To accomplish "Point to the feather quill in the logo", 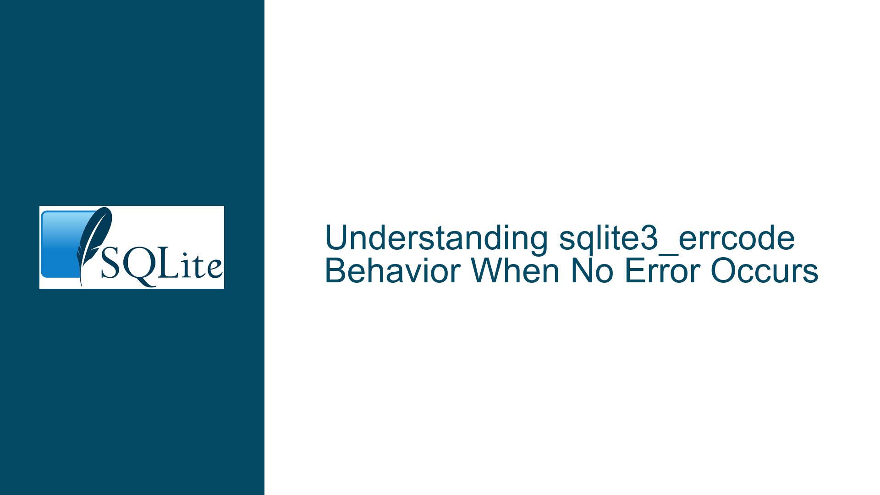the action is [93, 245].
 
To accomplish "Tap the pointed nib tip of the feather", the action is [82, 285].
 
